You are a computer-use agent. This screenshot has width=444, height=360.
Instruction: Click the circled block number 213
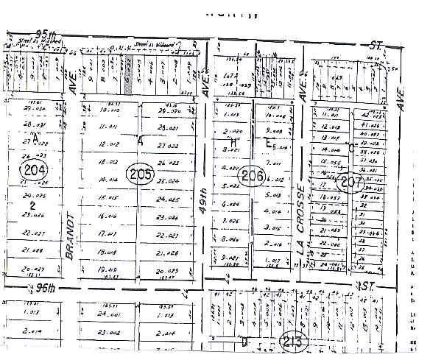click(x=294, y=341)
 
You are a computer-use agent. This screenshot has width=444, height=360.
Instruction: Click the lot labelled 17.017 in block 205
click(x=108, y=235)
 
